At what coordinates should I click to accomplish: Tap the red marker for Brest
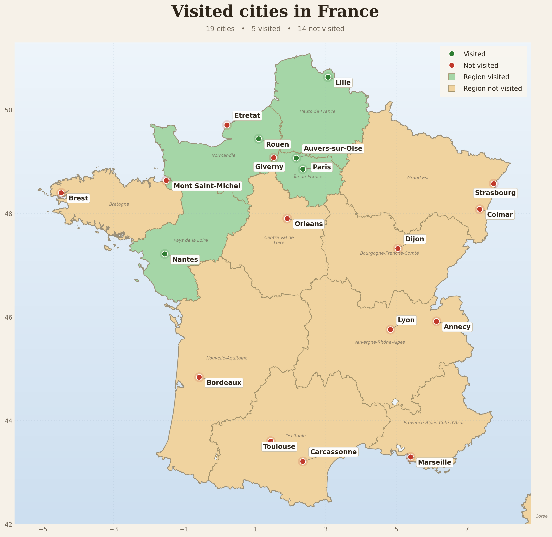61,193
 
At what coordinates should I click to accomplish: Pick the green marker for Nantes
165,254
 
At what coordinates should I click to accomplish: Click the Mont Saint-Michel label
207,186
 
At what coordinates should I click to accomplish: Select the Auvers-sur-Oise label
333,149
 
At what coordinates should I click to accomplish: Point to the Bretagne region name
119,204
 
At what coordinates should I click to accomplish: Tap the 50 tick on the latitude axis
8,110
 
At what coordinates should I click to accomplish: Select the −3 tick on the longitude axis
114,529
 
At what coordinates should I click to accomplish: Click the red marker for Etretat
227,125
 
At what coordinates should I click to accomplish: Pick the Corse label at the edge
541,516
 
